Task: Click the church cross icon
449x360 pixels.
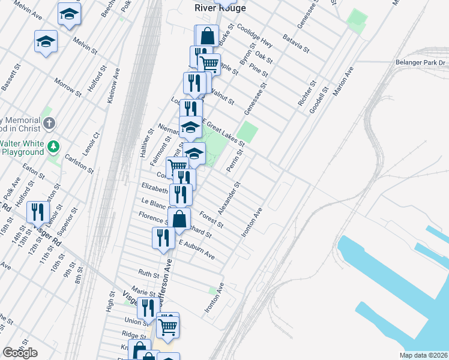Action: pos(49,124)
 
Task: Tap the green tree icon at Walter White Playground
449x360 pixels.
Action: pos(53,146)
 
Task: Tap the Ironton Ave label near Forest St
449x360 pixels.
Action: pos(252,222)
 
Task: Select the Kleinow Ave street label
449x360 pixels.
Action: pos(113,86)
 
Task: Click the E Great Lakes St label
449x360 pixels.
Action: pos(223,133)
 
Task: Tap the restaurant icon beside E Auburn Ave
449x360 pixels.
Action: pos(163,238)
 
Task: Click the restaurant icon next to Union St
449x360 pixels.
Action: pos(145,308)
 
